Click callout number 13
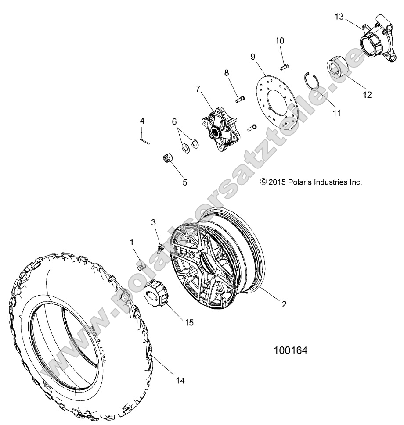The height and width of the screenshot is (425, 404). click(x=339, y=17)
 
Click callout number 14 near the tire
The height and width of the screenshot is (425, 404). click(x=179, y=381)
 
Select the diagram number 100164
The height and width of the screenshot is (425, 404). click(x=290, y=350)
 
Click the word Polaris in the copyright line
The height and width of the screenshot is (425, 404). click(x=299, y=182)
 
